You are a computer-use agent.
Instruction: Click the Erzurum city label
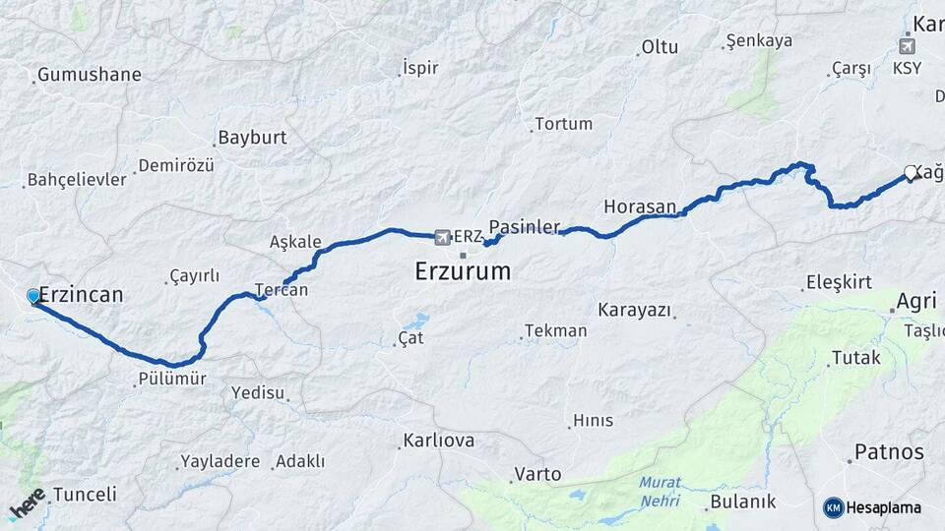(x=463, y=270)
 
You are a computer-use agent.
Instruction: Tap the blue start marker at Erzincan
(x=33, y=296)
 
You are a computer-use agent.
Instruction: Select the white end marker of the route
(x=911, y=173)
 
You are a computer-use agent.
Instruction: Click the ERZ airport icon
(x=443, y=237)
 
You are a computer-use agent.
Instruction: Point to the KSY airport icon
(x=908, y=45)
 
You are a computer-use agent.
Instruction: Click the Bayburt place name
(x=252, y=138)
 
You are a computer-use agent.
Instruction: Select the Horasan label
(x=640, y=206)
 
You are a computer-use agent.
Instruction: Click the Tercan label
(x=282, y=290)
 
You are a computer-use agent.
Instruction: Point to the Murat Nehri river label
(x=659, y=490)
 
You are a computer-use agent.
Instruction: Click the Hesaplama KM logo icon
(x=834, y=507)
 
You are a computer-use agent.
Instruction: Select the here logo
(x=27, y=502)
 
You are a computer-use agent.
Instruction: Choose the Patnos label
(x=889, y=452)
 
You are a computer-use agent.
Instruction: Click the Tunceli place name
(x=85, y=495)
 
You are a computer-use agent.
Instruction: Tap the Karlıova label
(x=439, y=441)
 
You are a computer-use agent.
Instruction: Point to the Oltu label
(x=660, y=46)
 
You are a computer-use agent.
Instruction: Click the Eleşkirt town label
(x=839, y=283)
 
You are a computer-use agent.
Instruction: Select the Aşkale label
(x=295, y=242)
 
